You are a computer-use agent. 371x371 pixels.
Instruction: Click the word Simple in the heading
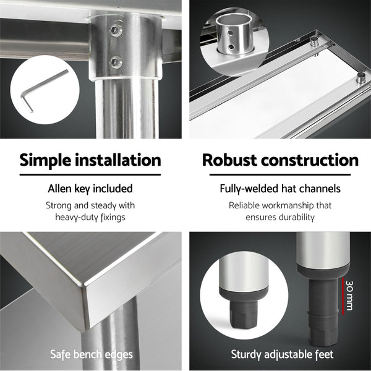pos(49,161)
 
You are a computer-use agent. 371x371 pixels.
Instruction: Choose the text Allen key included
pos(90,189)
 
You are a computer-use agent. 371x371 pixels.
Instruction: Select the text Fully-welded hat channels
pos(280,189)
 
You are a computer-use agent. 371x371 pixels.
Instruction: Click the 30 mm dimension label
pos(350,293)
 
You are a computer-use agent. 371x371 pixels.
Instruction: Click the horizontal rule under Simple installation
pos(90,176)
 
